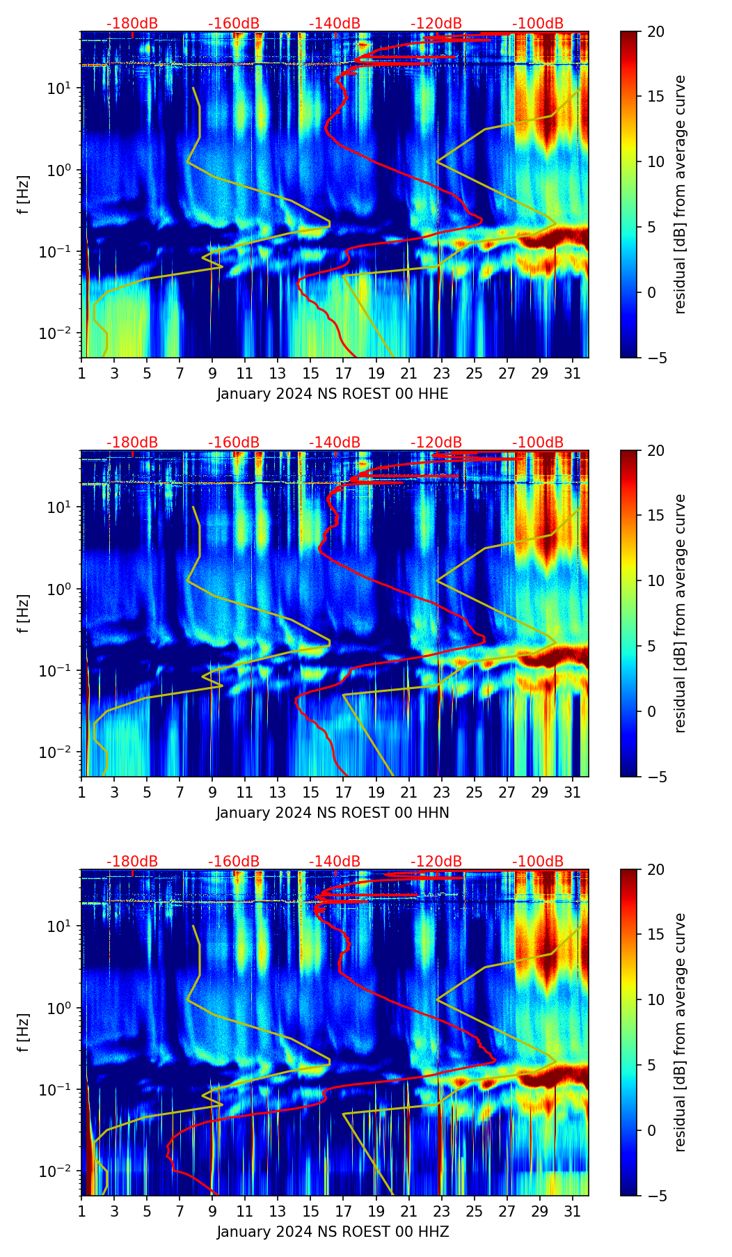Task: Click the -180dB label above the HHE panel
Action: coord(132,24)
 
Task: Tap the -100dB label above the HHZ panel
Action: coord(538,862)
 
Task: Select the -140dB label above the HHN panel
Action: coord(335,443)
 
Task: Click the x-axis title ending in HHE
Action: coord(333,394)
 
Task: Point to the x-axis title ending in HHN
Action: coord(333,813)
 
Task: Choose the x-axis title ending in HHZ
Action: coord(333,1232)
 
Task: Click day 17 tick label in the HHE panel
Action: coord(343,373)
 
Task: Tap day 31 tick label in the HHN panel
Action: coord(572,792)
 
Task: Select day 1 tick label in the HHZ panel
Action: coord(81,1211)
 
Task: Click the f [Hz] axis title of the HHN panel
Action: coord(24,613)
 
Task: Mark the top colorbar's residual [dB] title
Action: coord(681,194)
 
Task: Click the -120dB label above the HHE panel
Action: coord(436,24)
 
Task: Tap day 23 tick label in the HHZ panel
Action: coord(441,1211)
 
